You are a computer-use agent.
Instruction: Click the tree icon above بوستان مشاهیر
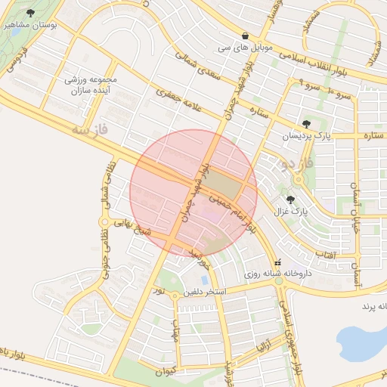coord(30,13)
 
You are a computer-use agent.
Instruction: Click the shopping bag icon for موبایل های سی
coord(246,36)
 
